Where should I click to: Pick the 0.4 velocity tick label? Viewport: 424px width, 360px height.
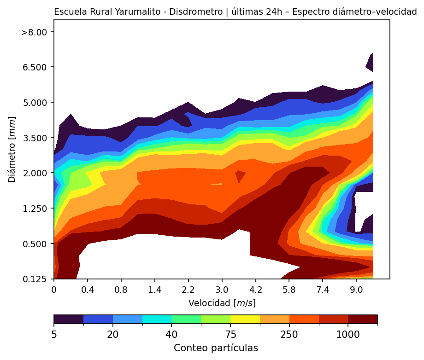pos(88,290)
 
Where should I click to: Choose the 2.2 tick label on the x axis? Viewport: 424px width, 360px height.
pos(188,290)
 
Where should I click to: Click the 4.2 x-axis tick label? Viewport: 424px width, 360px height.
pos(256,290)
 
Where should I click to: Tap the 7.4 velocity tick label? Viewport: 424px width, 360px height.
pos(323,290)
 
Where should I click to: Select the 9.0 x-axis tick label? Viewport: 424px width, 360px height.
pos(356,290)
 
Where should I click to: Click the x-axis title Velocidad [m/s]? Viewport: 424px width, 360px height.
pos(222,303)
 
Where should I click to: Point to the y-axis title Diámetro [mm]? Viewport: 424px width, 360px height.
pos(13,149)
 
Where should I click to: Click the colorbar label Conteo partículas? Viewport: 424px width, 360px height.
pos(216,348)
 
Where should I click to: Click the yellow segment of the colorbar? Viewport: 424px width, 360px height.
pos(245,319)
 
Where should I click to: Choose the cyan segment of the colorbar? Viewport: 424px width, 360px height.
pos(157,319)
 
